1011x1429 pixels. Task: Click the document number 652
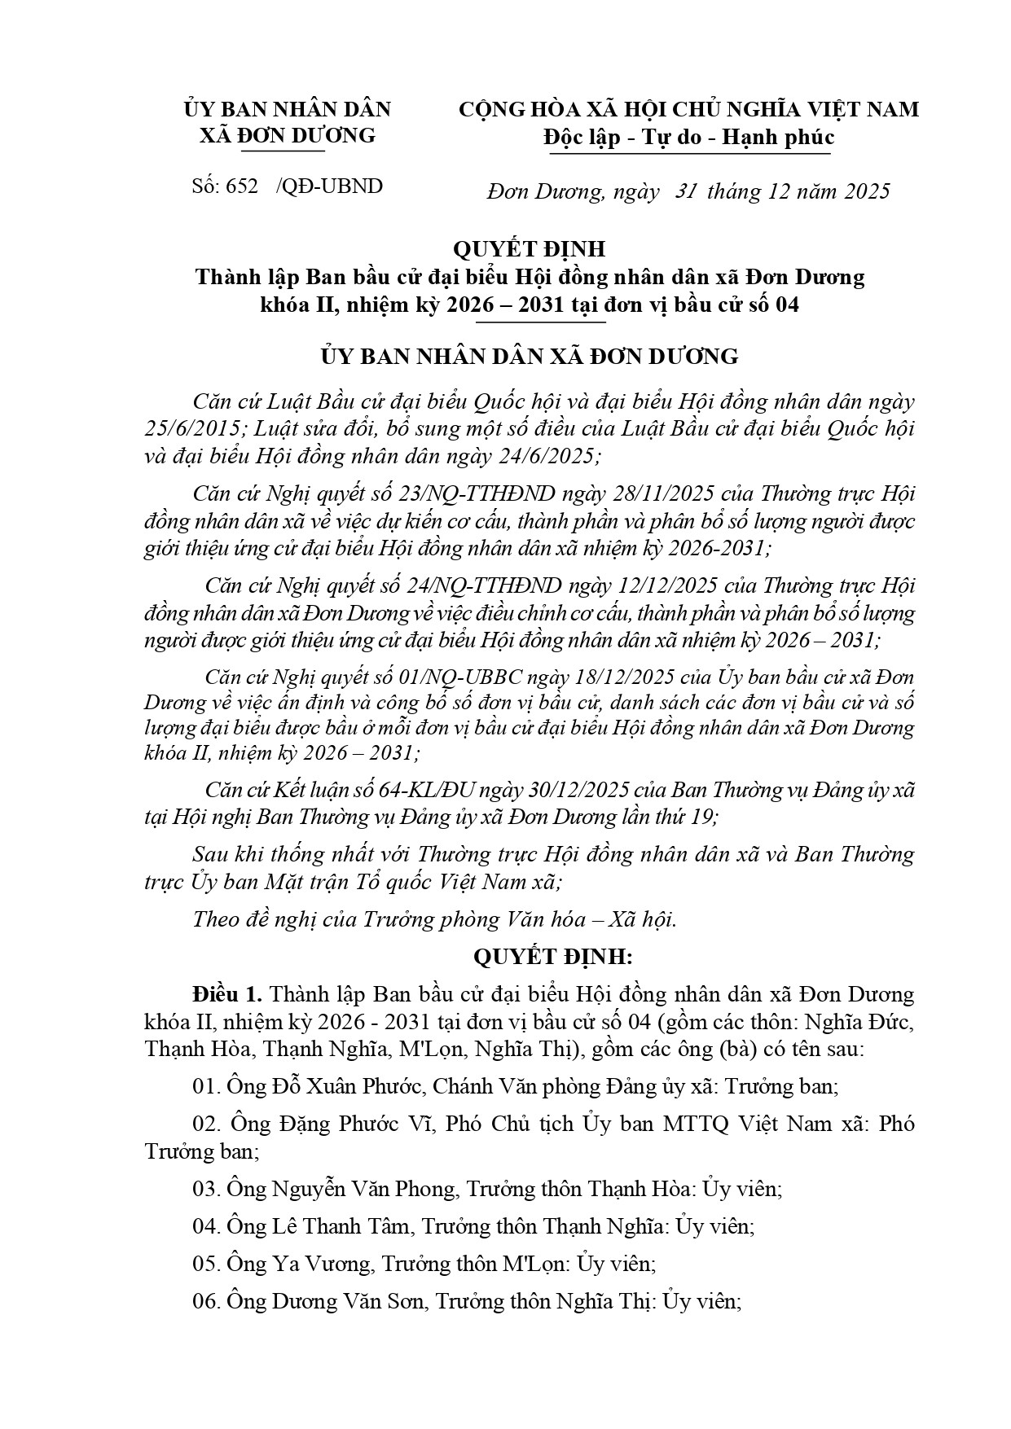point(242,186)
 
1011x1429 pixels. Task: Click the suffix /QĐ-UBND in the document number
point(329,186)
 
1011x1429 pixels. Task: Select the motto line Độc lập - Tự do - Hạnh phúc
point(689,137)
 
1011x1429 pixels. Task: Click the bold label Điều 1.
point(227,994)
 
